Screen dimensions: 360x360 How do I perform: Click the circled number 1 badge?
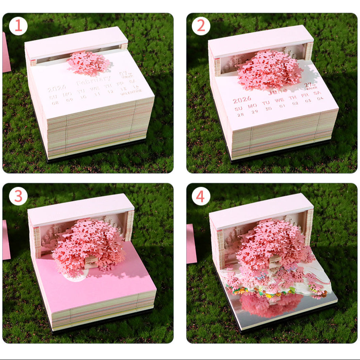[18, 26]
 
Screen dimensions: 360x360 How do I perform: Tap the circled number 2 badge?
[201, 26]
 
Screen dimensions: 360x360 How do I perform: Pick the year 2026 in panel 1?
[57, 88]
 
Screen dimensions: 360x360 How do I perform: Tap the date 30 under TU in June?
[268, 109]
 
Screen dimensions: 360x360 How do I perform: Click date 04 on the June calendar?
[319, 99]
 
